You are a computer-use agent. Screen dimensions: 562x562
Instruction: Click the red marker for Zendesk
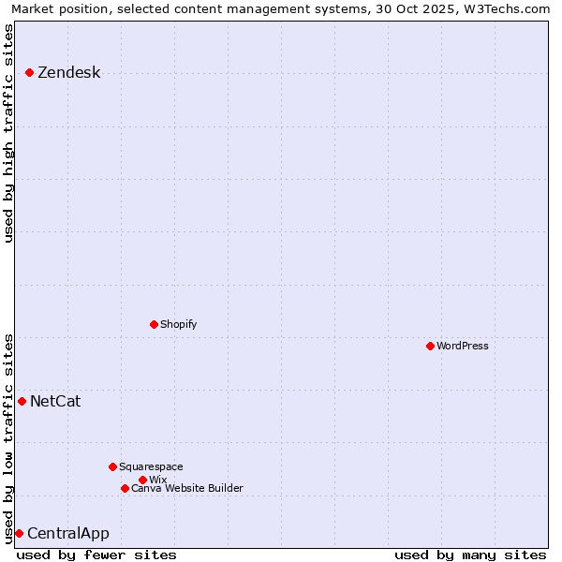click(x=30, y=72)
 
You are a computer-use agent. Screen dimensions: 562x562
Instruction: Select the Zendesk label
click(x=68, y=73)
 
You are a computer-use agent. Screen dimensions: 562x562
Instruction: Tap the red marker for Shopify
click(x=154, y=324)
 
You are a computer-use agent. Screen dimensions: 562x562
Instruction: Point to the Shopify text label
click(x=178, y=324)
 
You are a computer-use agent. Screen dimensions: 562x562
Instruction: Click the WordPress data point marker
click(x=430, y=346)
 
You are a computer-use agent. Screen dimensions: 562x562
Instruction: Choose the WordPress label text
click(x=462, y=346)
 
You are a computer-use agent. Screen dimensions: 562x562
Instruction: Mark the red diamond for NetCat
click(x=22, y=401)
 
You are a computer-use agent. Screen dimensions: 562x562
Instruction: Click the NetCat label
click(x=55, y=402)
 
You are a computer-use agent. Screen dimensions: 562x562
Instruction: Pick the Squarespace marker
click(x=112, y=466)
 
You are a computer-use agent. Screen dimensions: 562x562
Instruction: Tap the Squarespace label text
click(x=151, y=466)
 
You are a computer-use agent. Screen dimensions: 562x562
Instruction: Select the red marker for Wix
click(x=142, y=480)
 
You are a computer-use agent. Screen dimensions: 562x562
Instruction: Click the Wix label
click(x=157, y=480)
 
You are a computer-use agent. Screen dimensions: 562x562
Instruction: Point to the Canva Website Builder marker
click(x=125, y=488)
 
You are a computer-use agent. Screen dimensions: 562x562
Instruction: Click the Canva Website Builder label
click(x=186, y=488)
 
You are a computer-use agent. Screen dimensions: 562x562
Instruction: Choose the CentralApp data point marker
click(x=19, y=533)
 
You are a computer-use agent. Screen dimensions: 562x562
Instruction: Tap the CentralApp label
click(x=67, y=534)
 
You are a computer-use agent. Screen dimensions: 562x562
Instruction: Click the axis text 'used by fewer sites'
click(x=96, y=555)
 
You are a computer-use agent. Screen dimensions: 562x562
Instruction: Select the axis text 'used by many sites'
click(x=470, y=555)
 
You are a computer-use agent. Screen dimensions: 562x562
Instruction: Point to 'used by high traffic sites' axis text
click(x=9, y=133)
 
